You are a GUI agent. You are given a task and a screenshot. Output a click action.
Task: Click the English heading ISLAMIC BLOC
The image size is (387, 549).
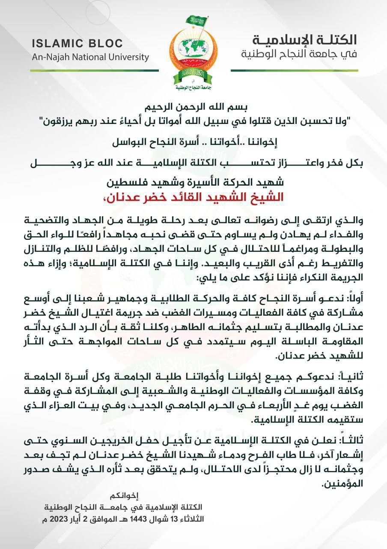77,43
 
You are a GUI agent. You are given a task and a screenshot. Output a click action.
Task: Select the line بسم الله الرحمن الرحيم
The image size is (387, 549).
194,107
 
